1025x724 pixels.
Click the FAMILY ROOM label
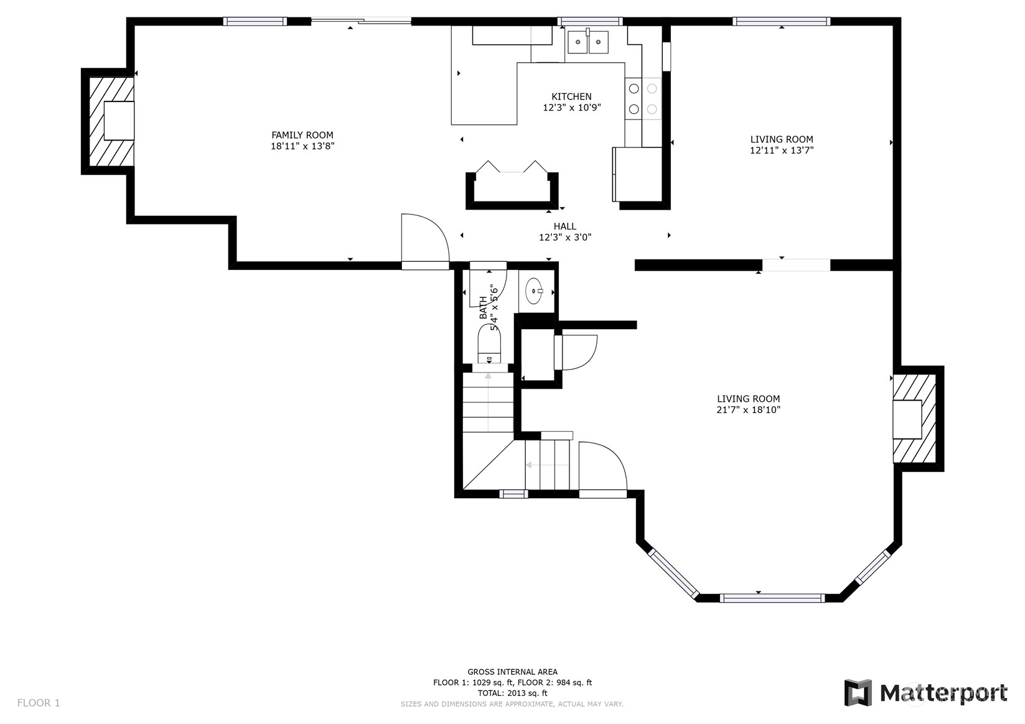tap(302, 135)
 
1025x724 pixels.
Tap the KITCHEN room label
tap(571, 96)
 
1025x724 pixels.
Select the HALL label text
tap(564, 226)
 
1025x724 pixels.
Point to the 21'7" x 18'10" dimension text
tap(748, 410)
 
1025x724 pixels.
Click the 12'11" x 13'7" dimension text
tap(782, 150)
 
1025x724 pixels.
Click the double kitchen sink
tap(587, 42)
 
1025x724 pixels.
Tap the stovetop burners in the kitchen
tap(643, 98)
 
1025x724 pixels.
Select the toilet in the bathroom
tap(489, 345)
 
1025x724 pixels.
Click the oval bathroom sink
tap(534, 291)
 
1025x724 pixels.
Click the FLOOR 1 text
tap(39, 703)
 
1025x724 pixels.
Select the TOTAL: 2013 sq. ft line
tap(512, 693)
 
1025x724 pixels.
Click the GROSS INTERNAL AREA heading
tap(512, 672)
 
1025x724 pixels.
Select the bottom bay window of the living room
tap(772, 598)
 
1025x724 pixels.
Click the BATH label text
tap(484, 308)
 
